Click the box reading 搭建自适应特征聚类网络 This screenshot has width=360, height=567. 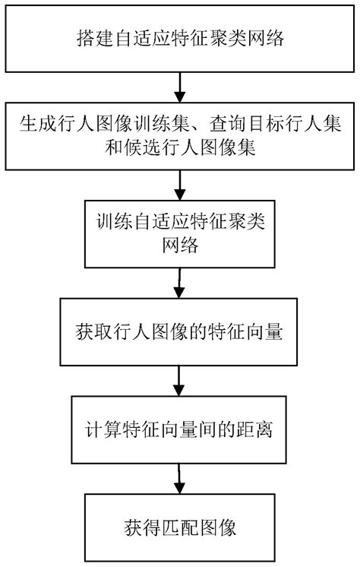click(x=180, y=37)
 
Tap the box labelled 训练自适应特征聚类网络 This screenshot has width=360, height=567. click(x=180, y=235)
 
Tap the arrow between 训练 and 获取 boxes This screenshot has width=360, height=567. click(x=180, y=282)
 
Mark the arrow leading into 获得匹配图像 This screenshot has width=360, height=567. click(x=180, y=477)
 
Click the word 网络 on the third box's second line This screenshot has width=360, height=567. click(x=180, y=247)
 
